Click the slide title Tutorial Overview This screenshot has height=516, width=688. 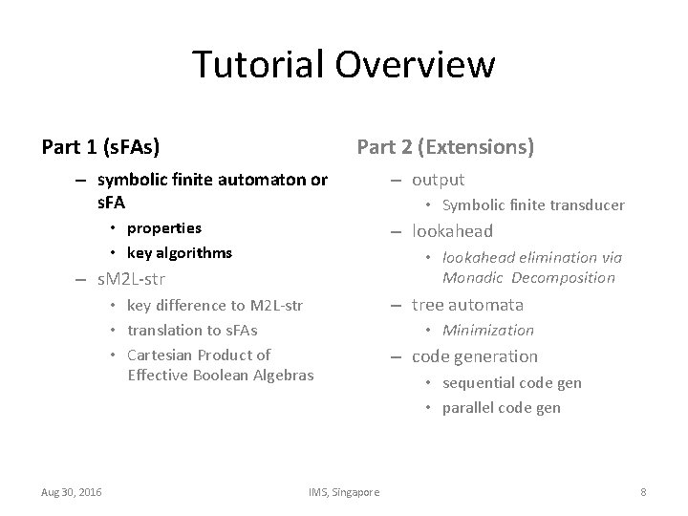pyautogui.click(x=343, y=65)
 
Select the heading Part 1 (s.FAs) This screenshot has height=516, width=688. pyautogui.click(x=100, y=147)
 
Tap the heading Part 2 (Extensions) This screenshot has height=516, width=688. pyautogui.click(x=445, y=147)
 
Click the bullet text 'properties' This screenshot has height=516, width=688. pyautogui.click(x=163, y=227)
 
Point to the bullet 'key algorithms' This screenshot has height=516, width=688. pyautogui.click(x=179, y=252)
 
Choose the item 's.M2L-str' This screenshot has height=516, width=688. pyautogui.click(x=132, y=280)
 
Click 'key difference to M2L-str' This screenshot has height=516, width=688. pyautogui.click(x=214, y=306)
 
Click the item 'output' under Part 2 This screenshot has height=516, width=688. pyautogui.click(x=438, y=180)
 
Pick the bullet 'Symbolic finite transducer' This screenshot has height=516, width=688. pyautogui.click(x=533, y=205)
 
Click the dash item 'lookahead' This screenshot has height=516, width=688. pyautogui.click(x=452, y=231)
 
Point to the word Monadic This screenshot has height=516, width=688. pyautogui.click(x=473, y=278)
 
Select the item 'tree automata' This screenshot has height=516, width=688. pyautogui.click(x=467, y=305)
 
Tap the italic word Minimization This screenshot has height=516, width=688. pyautogui.click(x=487, y=331)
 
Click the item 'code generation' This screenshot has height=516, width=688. pyautogui.click(x=475, y=356)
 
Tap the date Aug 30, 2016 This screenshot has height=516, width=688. pyautogui.click(x=73, y=491)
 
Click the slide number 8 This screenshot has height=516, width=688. pyautogui.click(x=643, y=491)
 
